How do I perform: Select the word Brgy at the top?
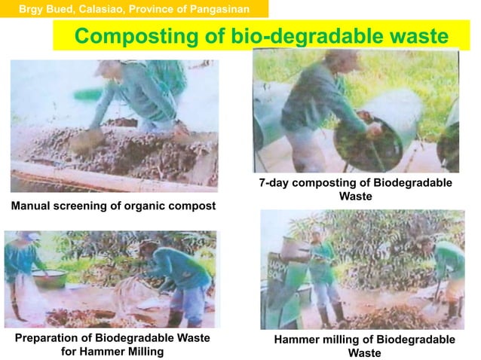(32, 9)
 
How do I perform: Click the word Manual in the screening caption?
(32, 206)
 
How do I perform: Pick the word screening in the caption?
(83, 206)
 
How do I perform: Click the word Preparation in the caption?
(51, 338)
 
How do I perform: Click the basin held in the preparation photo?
(50, 278)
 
